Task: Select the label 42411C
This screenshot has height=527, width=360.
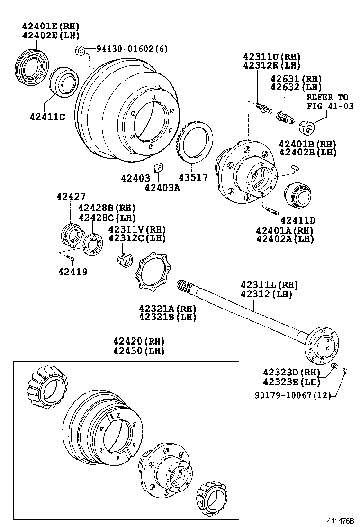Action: (47, 117)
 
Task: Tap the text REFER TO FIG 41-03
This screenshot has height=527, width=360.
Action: (330, 101)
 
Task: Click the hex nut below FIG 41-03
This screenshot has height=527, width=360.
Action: (306, 127)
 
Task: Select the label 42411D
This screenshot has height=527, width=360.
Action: (297, 220)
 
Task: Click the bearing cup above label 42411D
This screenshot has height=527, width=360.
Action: (297, 195)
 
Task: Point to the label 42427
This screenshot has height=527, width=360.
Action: (71, 196)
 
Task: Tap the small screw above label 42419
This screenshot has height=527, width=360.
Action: (72, 259)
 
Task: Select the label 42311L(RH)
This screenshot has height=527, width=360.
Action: (269, 285)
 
